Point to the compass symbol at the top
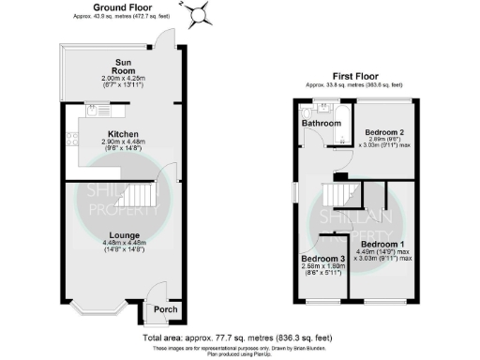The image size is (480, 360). [198, 13]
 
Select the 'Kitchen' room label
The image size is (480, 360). [124, 133]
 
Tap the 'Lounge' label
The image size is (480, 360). [124, 234]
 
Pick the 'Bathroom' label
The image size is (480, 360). [321, 123]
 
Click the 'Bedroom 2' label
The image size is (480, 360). [385, 132]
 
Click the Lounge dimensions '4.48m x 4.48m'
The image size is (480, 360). [124, 246]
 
